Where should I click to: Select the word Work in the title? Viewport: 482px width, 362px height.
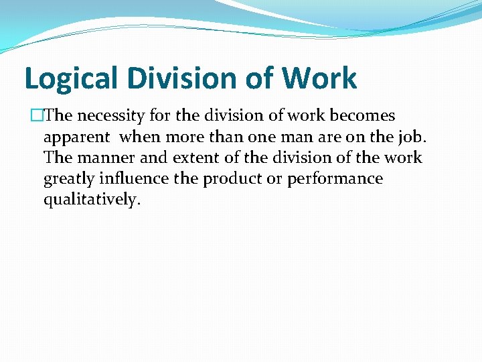tap(319, 78)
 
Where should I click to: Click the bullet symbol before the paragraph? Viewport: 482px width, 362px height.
tap(37, 116)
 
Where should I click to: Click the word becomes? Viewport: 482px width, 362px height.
tap(364, 116)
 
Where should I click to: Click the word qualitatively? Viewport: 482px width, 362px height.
tap(92, 200)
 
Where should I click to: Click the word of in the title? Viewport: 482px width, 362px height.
tap(257, 78)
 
